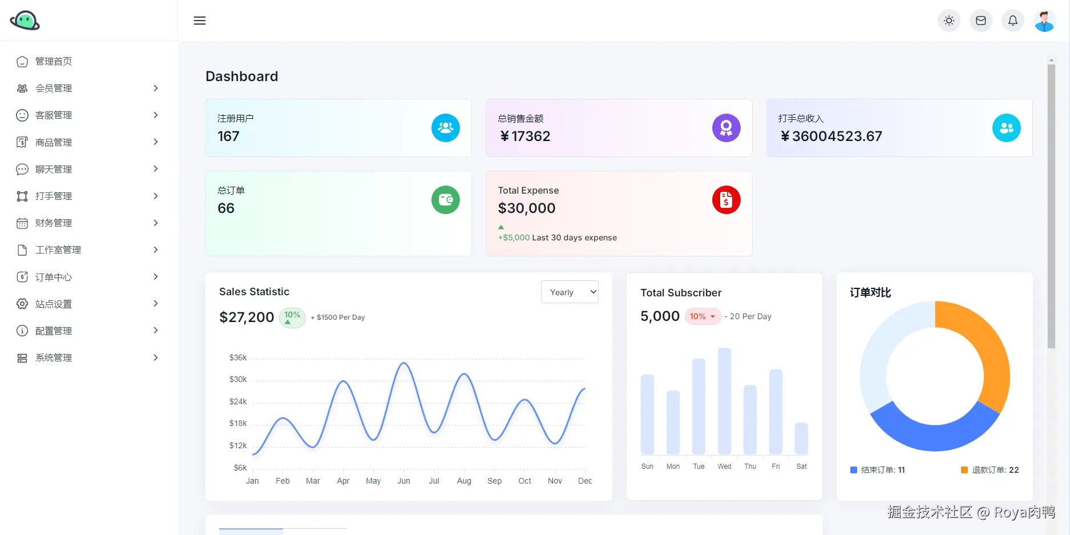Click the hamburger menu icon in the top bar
tap(200, 21)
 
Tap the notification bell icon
tap(1012, 21)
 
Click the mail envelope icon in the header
tap(980, 21)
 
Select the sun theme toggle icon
tap(948, 21)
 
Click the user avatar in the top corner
tap(1044, 21)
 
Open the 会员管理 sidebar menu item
tap(54, 89)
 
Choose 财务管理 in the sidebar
tap(54, 223)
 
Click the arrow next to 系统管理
tap(156, 358)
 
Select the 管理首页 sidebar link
tap(54, 62)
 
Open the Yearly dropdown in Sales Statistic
tap(569, 292)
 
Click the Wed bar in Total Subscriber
tap(724, 401)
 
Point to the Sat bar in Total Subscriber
tap(801, 439)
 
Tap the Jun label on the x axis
tap(403, 481)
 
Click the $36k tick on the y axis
tap(238, 358)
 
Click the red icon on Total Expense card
tap(726, 200)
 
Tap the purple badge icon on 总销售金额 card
tap(726, 128)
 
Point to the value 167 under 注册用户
tap(228, 136)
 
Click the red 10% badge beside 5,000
tap(702, 316)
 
